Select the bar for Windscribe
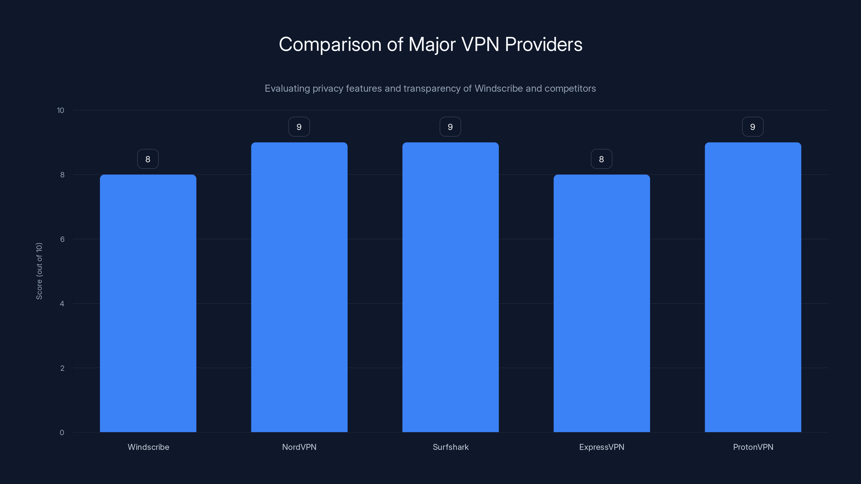coord(148,303)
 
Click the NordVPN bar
coord(299,287)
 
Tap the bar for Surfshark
coord(450,287)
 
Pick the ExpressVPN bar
coord(602,303)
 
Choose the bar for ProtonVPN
coord(753,287)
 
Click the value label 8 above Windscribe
coord(148,159)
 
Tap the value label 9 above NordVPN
coord(299,127)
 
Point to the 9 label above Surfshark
coord(450,127)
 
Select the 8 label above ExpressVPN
coord(601,159)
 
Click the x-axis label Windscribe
coord(149,447)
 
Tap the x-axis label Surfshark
coord(451,447)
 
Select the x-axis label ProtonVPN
coord(753,447)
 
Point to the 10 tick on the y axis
coord(61,110)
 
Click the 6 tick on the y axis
coord(62,239)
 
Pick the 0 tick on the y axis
coord(62,433)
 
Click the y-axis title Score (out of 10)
coord(39,271)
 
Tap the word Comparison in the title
coord(330,45)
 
